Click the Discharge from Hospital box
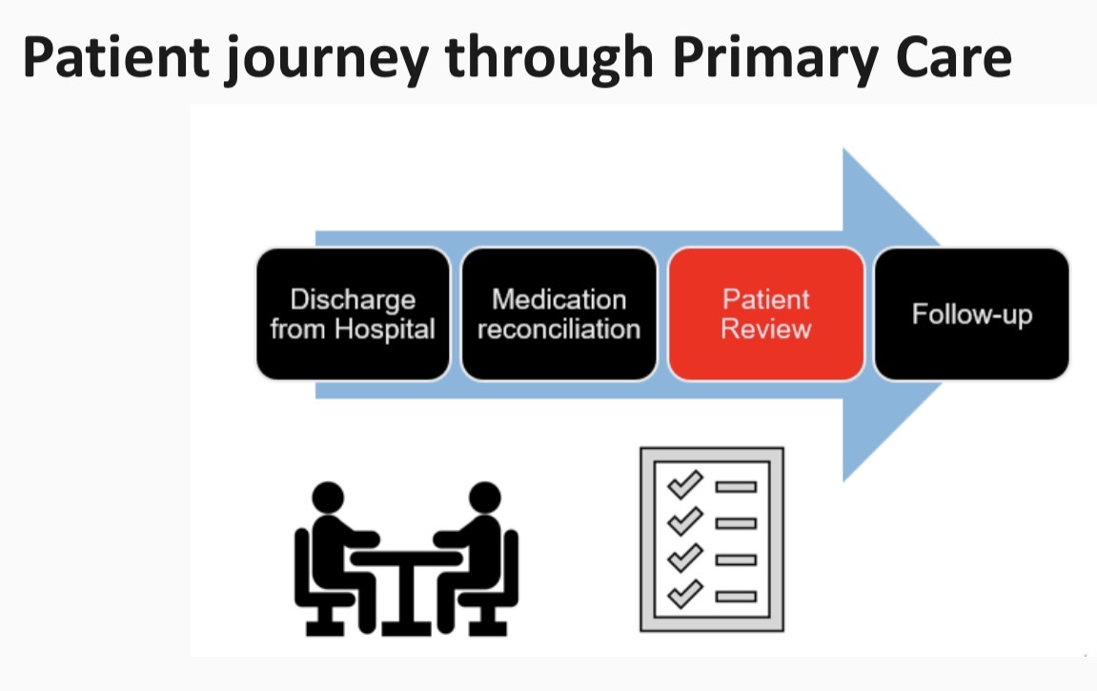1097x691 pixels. click(x=353, y=315)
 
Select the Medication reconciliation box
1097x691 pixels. click(x=559, y=315)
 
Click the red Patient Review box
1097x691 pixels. click(x=766, y=315)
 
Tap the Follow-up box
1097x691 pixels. click(x=971, y=315)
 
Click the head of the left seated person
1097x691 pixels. click(x=328, y=498)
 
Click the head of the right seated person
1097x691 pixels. click(x=485, y=498)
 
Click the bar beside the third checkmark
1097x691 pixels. click(x=736, y=559)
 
